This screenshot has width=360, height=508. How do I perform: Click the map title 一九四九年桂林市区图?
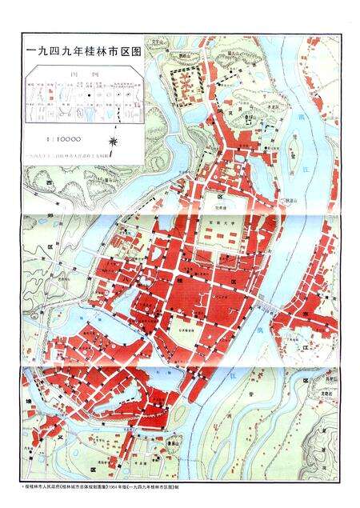[x=84, y=50]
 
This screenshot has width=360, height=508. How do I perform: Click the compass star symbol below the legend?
[x=117, y=142]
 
